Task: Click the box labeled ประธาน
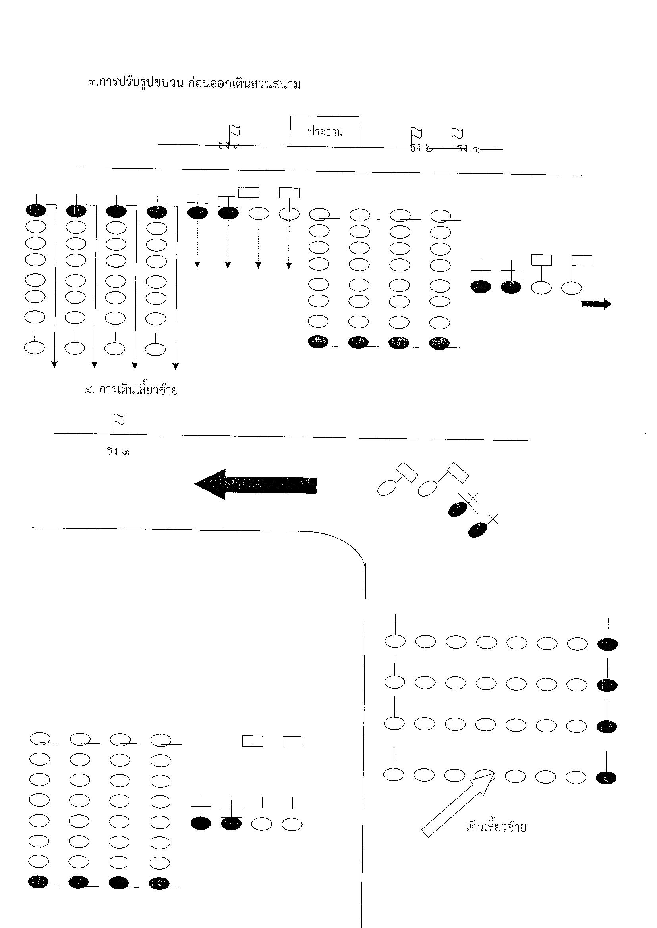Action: (325, 132)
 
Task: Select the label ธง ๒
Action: (421, 148)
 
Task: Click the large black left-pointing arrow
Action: (256, 484)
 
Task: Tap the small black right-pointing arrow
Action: (596, 304)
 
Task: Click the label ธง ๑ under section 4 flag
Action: (118, 451)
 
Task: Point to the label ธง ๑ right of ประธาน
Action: (468, 149)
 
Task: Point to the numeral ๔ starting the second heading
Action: (88, 391)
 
